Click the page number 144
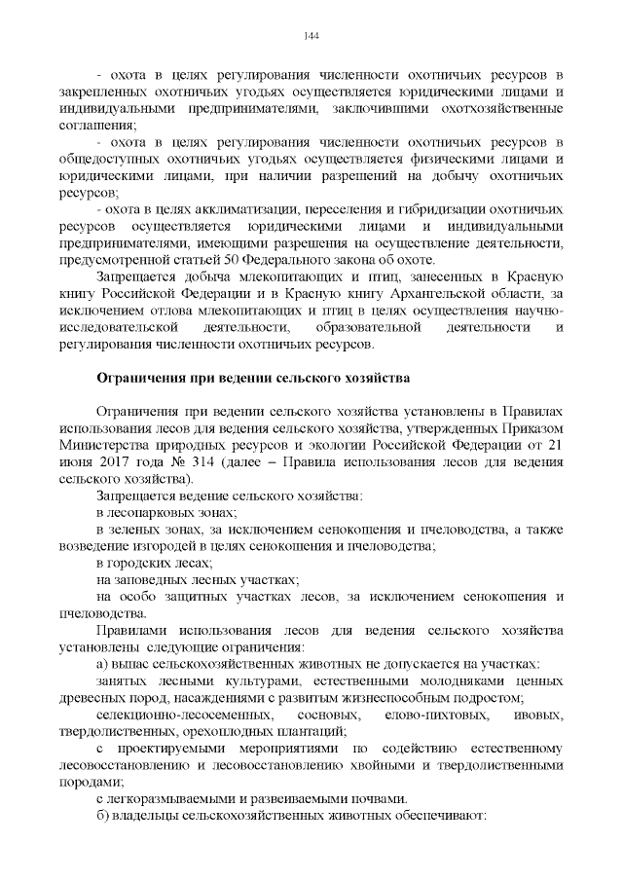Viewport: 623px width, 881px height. [x=311, y=37]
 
